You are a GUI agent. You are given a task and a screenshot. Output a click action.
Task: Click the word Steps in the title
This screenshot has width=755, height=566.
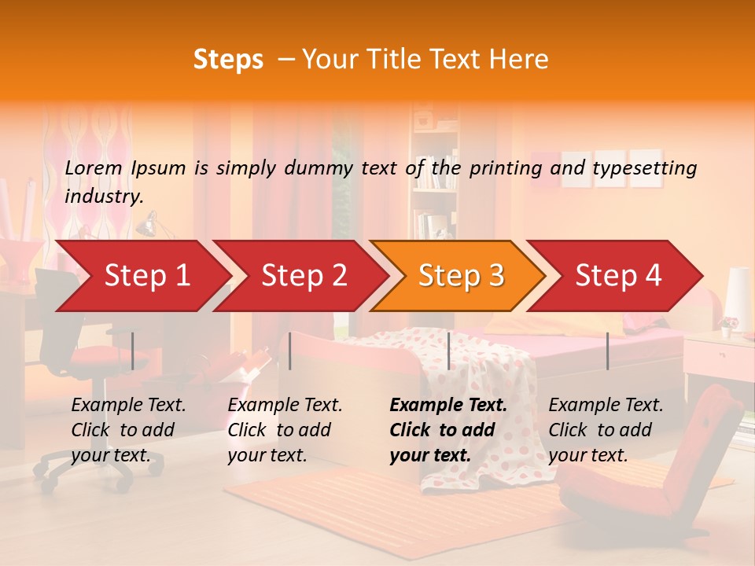pyautogui.click(x=228, y=60)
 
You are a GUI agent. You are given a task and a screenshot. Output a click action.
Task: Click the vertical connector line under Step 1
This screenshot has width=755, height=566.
pyautogui.click(x=133, y=351)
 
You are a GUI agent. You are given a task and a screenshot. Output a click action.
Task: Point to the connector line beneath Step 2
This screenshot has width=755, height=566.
pyautogui.click(x=290, y=351)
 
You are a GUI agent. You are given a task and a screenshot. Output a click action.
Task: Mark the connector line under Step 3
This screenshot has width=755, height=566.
pyautogui.click(x=448, y=351)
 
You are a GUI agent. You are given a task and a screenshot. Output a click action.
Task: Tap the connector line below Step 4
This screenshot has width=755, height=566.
pyautogui.click(x=607, y=351)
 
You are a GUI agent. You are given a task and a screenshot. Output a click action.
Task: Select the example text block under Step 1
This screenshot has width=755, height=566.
pyautogui.click(x=128, y=430)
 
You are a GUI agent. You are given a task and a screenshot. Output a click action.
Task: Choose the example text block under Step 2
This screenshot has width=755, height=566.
pyautogui.click(x=285, y=430)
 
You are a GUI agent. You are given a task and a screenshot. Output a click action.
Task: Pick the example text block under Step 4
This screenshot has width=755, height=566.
pyautogui.click(x=606, y=430)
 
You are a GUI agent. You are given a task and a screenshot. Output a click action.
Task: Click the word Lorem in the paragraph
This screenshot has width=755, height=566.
pyautogui.click(x=94, y=167)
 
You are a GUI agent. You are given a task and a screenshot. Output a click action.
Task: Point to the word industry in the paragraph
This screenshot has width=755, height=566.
pyautogui.click(x=103, y=196)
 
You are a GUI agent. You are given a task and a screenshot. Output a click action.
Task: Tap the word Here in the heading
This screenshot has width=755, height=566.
pyautogui.click(x=518, y=60)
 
